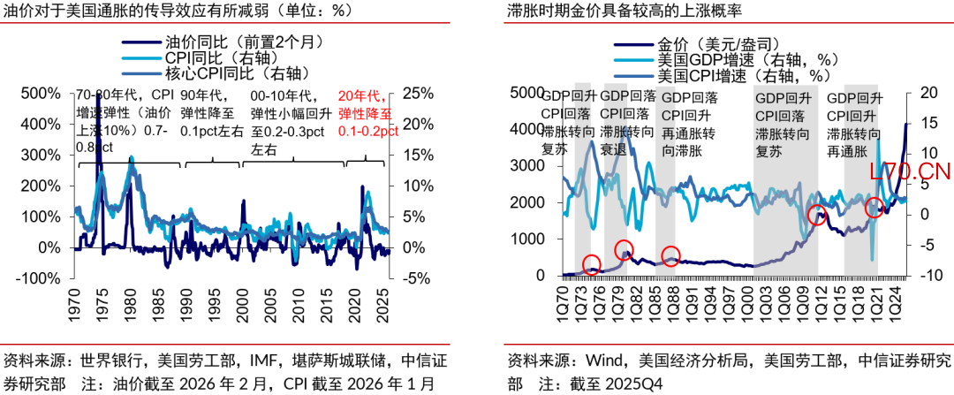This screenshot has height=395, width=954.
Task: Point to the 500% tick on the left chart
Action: (40, 94)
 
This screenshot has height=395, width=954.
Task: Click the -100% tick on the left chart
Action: (38, 277)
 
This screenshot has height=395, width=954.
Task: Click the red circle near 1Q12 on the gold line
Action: (817, 215)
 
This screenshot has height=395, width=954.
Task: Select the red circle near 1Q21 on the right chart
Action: (874, 209)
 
